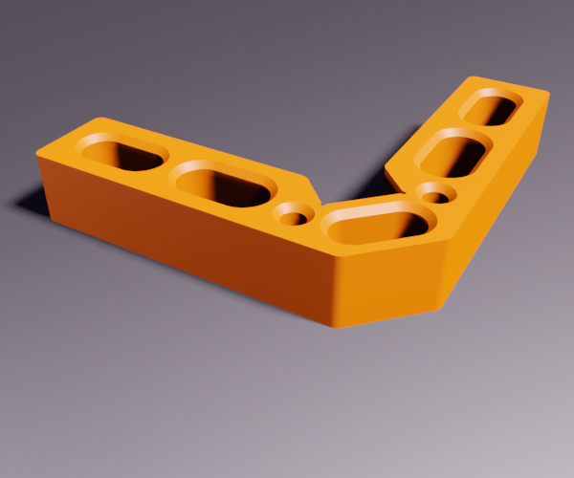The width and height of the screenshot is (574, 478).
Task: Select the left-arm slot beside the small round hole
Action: (221, 185)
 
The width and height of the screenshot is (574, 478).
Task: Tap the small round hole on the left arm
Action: (297, 217)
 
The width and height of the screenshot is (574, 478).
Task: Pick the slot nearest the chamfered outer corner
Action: (379, 227)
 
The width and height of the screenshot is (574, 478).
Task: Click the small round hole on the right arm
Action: (436, 196)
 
